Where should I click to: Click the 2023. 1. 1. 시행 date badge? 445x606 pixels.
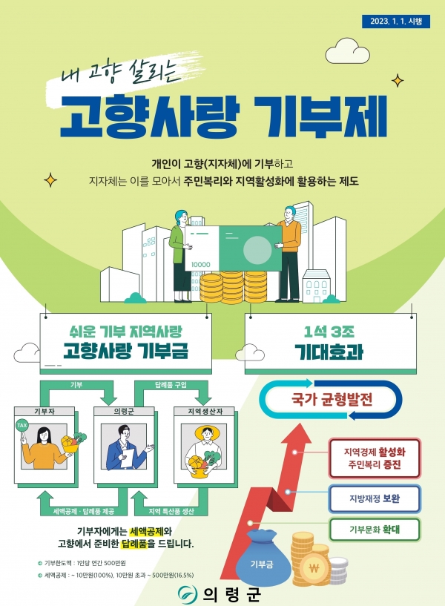coord(396,22)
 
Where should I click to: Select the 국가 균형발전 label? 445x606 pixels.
coord(332,399)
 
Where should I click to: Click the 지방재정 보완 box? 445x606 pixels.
coord(375,498)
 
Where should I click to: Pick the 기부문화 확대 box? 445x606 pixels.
coord(375,530)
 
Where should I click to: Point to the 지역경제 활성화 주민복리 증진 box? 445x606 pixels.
coord(375,458)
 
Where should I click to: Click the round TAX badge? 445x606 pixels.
coord(22,425)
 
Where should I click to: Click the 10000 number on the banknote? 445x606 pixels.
coord(201,265)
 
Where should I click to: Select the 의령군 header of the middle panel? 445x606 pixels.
coord(124,412)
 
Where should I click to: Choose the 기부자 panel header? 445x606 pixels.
coord(44,412)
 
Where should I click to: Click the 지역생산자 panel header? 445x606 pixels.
coord(204,412)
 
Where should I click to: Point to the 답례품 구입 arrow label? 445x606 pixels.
coord(171,385)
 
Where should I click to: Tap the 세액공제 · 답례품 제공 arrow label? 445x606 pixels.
coord(83,511)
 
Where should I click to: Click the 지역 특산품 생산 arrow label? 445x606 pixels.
coord(171,511)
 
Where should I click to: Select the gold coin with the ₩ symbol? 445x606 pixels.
coord(314,568)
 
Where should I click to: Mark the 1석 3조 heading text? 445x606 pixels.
coord(329,332)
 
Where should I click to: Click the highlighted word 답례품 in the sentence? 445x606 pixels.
coord(133,544)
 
